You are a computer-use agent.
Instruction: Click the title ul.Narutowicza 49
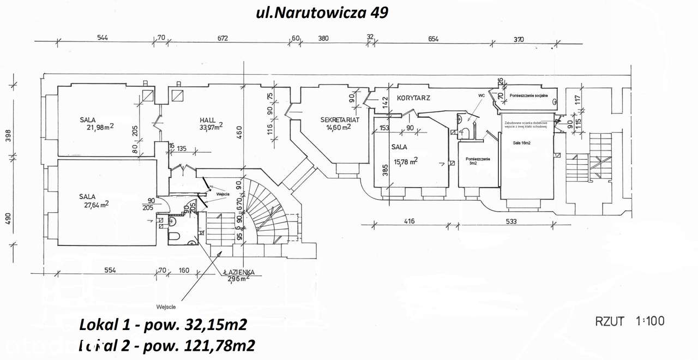coord(322,13)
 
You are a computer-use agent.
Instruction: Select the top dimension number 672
coord(222,38)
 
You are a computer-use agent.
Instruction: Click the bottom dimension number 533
coord(511,221)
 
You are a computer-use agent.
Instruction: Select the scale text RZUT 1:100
coord(630,321)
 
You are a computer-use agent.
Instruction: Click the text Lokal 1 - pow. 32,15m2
coord(163,325)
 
